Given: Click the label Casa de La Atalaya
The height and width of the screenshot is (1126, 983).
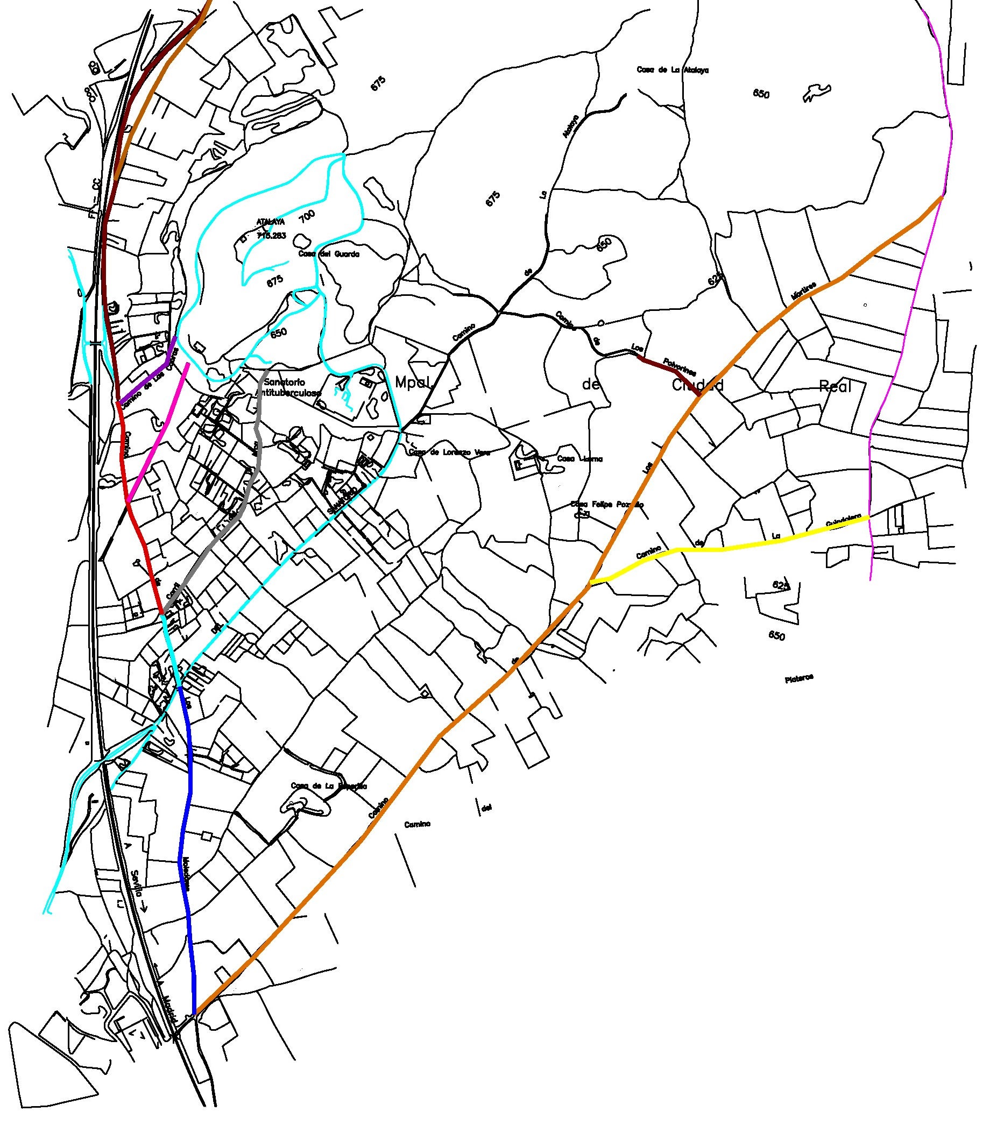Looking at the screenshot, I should (x=673, y=70).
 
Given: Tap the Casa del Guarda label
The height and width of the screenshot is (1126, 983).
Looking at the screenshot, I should (x=329, y=254).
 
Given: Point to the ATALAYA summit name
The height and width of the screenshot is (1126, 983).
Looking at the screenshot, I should (x=271, y=222).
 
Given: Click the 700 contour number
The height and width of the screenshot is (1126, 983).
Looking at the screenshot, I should (x=308, y=217).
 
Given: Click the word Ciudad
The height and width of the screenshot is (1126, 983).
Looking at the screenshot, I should (x=697, y=385).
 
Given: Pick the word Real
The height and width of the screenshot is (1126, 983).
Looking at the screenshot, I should (x=835, y=387).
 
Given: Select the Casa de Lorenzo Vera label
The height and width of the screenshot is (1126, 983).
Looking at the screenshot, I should (x=449, y=452).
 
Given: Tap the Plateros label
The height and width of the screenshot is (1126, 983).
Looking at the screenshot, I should (x=798, y=678).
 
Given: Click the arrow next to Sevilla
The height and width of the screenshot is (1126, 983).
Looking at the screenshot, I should (x=144, y=907).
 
